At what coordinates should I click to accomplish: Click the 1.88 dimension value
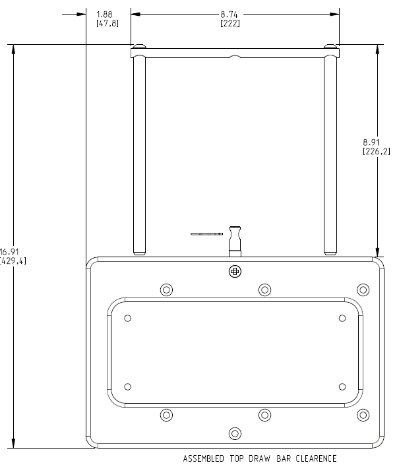click(x=104, y=15)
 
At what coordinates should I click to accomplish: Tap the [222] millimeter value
click(x=230, y=24)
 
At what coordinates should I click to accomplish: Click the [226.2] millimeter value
click(x=377, y=150)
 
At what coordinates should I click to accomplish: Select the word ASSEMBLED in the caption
click(x=202, y=458)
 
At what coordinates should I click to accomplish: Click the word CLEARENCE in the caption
click(x=313, y=458)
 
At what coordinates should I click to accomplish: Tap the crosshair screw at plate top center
click(x=235, y=271)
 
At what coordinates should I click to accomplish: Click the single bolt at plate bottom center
click(x=235, y=433)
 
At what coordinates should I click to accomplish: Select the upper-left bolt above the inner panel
click(x=166, y=290)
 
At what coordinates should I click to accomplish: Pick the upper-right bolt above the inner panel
click(x=363, y=290)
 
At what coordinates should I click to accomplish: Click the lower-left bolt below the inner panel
click(x=166, y=415)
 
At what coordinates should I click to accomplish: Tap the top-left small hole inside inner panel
click(x=128, y=318)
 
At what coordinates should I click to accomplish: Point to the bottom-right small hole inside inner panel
click(x=342, y=387)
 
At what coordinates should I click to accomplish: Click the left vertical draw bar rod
click(x=138, y=152)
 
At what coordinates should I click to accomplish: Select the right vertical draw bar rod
click(x=330, y=152)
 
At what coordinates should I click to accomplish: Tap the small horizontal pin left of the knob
click(x=206, y=233)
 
